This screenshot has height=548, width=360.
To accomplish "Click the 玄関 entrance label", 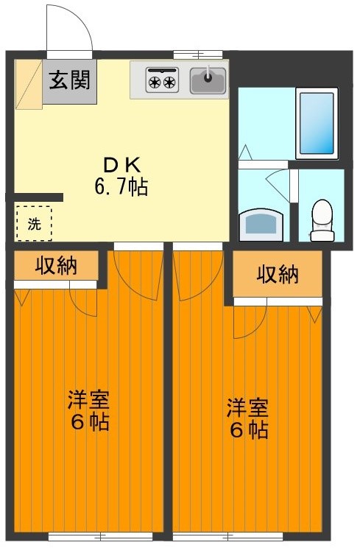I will (69, 80).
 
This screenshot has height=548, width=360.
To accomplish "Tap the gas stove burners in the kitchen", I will (161, 80).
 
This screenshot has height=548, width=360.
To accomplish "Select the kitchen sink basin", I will (208, 80).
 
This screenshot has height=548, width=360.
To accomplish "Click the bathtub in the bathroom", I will (317, 123).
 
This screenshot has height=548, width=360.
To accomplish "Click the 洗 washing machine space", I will (34, 224).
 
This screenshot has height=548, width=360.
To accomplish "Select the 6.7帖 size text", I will (121, 187).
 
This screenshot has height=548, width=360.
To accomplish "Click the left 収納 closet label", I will (56, 265).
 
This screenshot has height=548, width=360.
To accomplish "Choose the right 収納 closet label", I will (278, 275).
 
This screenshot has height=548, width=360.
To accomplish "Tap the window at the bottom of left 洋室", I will (100, 535).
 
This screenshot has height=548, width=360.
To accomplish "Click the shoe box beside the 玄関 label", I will (29, 84).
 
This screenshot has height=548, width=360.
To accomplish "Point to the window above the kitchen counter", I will (197, 55).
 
